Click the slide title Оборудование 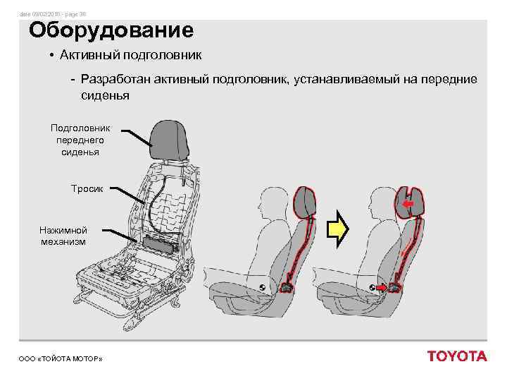coord(111,31)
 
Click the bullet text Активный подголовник coord(130,55)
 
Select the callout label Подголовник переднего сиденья coord(75,140)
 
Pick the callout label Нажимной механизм coord(63,236)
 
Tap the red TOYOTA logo coord(457,356)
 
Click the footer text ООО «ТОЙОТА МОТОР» coord(61,360)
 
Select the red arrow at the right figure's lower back coord(380,289)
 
